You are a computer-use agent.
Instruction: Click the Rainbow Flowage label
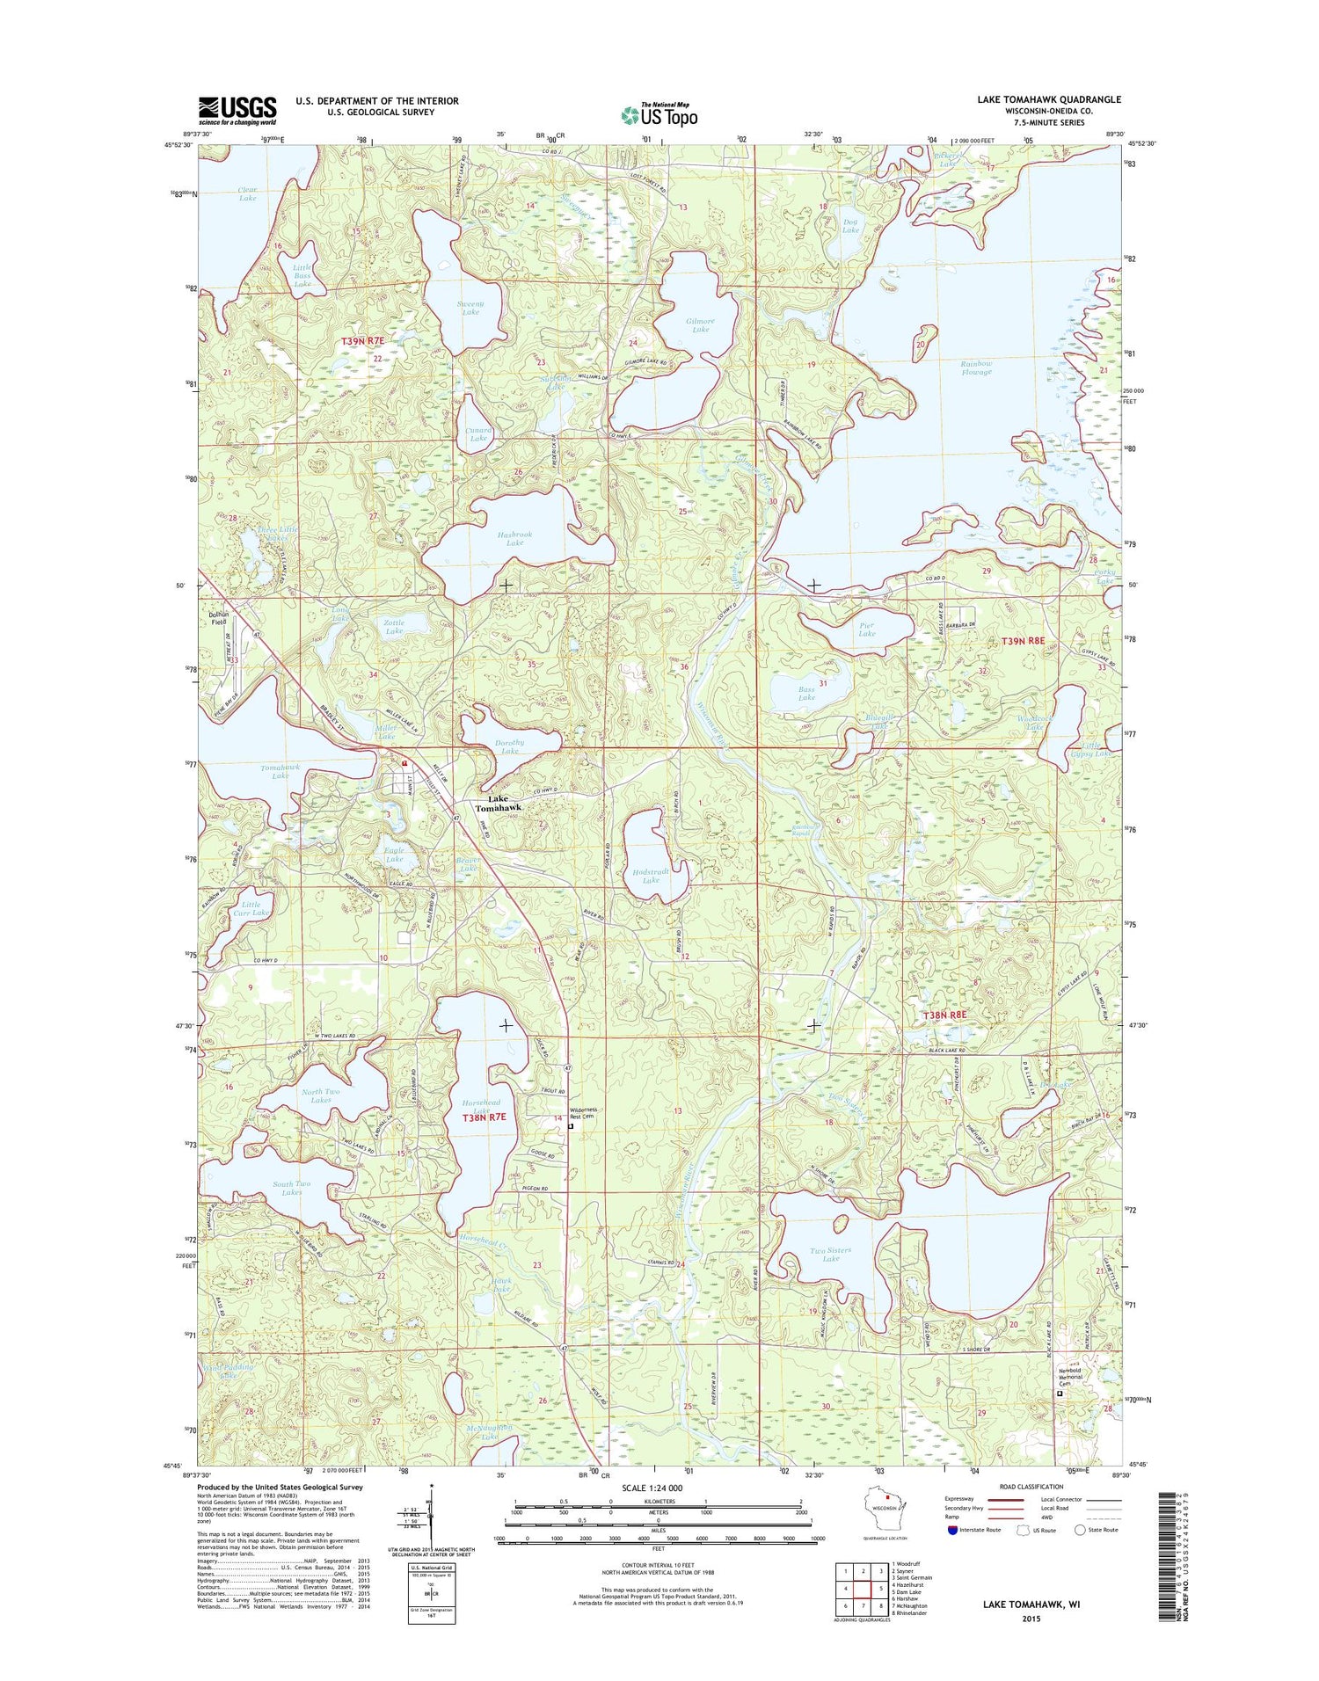976,367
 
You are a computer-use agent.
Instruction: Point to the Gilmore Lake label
701,324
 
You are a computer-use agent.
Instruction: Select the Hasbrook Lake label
514,538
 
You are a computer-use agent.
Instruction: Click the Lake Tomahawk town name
499,803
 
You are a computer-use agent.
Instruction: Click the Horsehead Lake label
481,1107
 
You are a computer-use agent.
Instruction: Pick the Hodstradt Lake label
651,874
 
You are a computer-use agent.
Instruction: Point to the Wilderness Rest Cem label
583,1113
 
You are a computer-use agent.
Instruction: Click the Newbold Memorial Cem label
1075,1378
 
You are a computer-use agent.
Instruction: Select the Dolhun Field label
217,618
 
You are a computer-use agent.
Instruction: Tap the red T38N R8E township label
944,1015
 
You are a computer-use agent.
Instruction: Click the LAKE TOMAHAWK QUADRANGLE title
1048,100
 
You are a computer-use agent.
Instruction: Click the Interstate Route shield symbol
952,1530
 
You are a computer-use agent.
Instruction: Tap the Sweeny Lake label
470,308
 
